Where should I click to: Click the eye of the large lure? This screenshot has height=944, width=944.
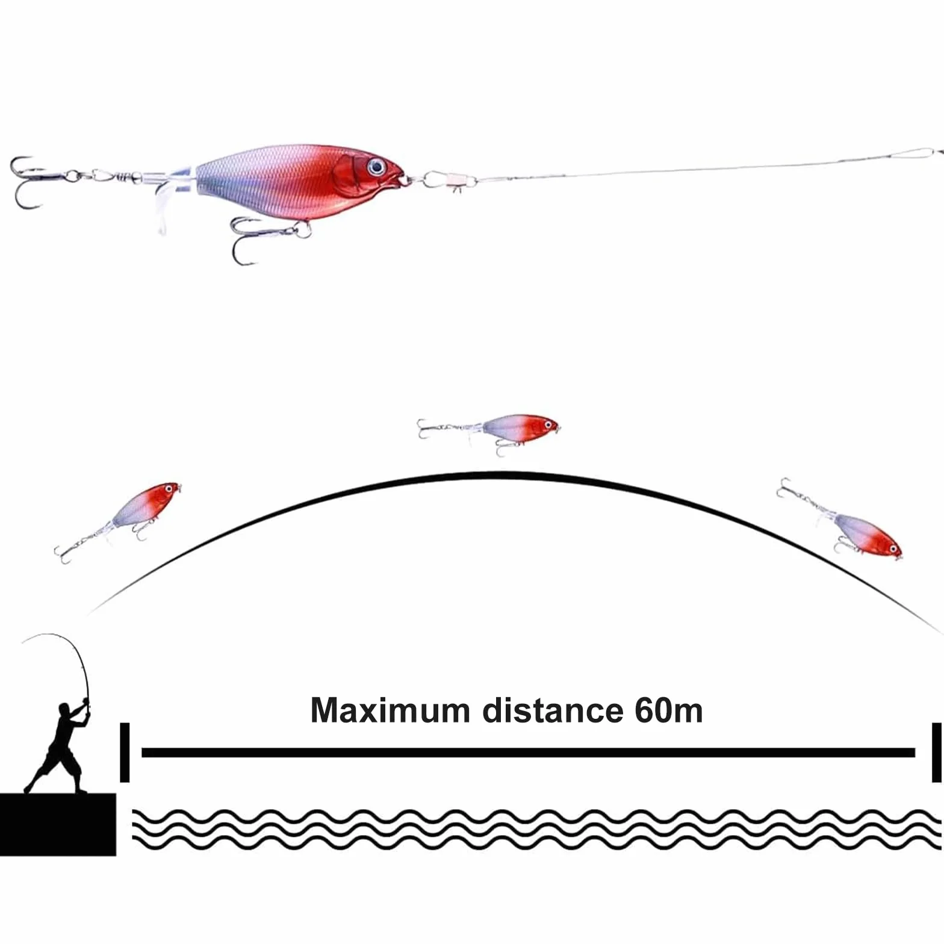click(376, 166)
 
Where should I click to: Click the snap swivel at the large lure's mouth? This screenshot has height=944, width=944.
click(446, 180)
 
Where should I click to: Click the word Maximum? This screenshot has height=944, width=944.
click(390, 710)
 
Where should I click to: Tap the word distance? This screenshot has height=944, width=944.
click(553, 710)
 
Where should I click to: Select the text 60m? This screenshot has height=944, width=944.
click(668, 710)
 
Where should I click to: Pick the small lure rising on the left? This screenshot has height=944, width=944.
click(118, 521)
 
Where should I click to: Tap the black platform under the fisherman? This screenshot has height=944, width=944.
click(58, 824)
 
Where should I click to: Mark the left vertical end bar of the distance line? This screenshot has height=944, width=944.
click(125, 753)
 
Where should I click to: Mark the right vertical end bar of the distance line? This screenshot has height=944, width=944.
click(936, 753)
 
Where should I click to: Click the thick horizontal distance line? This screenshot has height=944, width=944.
click(528, 753)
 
